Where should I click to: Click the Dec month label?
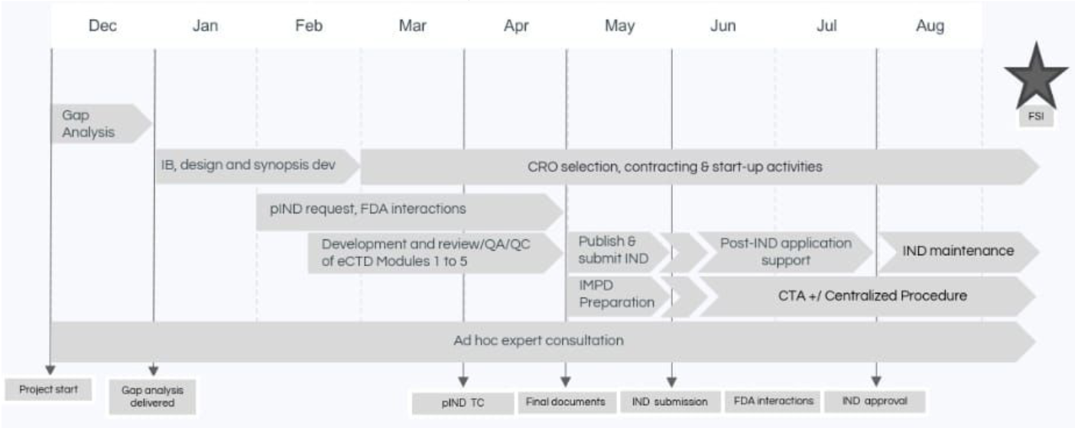pyautogui.click(x=102, y=25)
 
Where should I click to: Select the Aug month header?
pyautogui.click(x=930, y=25)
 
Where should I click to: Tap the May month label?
pyautogui.click(x=619, y=26)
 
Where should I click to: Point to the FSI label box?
pyautogui.click(x=1036, y=116)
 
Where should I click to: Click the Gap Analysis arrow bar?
pyautogui.click(x=101, y=124)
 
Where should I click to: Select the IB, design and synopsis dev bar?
pyautogui.click(x=258, y=165)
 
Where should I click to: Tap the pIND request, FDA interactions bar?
pyautogui.click(x=409, y=211)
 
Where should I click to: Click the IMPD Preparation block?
pyautogui.click(x=618, y=295)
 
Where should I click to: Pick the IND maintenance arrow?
pyautogui.click(x=959, y=251)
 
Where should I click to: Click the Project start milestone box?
pyautogui.click(x=48, y=389)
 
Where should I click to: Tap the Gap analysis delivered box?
pyautogui.click(x=152, y=397)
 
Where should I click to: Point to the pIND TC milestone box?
pyautogui.click(x=463, y=403)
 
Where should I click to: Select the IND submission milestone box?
pyautogui.click(x=670, y=402)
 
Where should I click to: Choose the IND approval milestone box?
pyautogui.click(x=875, y=401)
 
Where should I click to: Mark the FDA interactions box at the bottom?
pyautogui.click(x=773, y=401)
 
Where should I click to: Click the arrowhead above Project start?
pyautogui.click(x=50, y=369)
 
